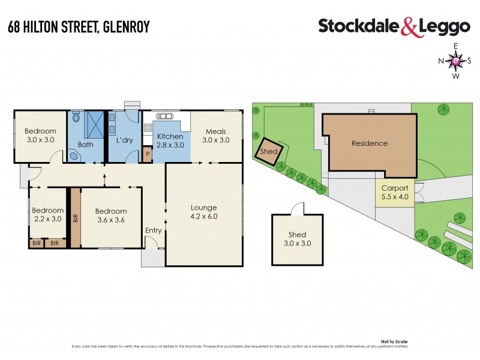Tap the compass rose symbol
[x=455, y=61]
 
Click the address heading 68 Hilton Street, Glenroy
[x=78, y=26]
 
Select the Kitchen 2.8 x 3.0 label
[x=170, y=140]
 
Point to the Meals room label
[x=215, y=136]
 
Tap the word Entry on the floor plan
[x=154, y=230]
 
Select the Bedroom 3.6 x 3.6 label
[x=111, y=215]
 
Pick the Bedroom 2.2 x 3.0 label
[x=48, y=214]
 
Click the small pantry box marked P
[x=148, y=155]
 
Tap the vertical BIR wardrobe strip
[x=75, y=217]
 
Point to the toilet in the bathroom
[x=74, y=156]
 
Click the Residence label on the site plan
[x=369, y=143]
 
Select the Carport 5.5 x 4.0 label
[x=395, y=192]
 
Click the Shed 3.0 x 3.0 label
[x=297, y=239]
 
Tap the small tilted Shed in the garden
[x=268, y=151]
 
